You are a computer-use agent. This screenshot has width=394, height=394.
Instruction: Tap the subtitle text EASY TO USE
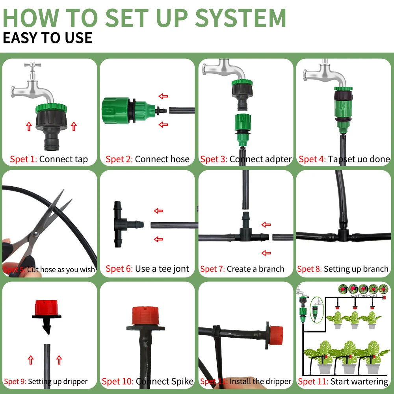click(x=48, y=38)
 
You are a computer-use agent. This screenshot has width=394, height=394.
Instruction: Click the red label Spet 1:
click(x=24, y=160)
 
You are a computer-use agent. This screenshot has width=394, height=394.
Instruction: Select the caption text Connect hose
click(x=162, y=160)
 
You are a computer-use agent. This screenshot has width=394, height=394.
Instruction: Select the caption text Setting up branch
click(x=356, y=269)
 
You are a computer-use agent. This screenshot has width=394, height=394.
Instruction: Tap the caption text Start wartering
click(x=359, y=381)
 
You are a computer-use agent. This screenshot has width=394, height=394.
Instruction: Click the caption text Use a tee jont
click(x=162, y=269)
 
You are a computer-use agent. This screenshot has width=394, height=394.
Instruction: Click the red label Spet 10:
click(x=117, y=381)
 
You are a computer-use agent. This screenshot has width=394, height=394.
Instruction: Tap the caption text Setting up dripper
click(x=58, y=382)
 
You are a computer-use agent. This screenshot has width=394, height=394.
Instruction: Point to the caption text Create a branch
click(x=255, y=269)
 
